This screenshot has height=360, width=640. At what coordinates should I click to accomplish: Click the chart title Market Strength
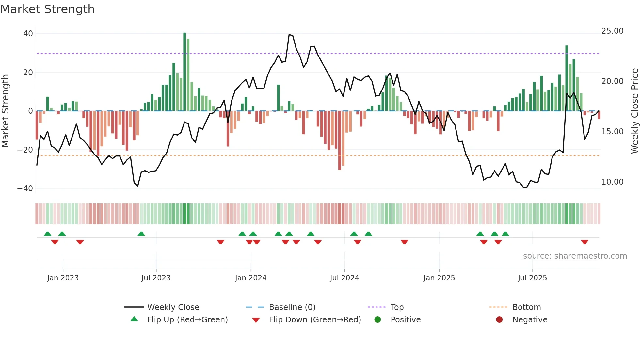coord(47,9)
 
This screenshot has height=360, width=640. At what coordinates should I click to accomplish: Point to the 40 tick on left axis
coord(28,34)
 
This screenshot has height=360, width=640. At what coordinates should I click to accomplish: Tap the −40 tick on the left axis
coord(25,188)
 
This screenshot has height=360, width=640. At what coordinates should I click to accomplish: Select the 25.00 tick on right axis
coord(612,31)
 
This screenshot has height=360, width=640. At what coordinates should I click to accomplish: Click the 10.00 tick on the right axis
coord(612,182)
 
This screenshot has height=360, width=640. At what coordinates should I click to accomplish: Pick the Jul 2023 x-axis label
coord(156,278)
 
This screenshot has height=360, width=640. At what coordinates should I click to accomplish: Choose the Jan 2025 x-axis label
coord(439,278)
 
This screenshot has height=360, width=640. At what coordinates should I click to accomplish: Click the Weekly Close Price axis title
coord(634,111)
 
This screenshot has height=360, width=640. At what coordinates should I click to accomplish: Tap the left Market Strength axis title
coord(5,111)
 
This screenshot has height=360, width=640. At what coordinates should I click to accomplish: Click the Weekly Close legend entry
coord(173,307)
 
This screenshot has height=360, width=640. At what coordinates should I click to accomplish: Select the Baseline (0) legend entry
coord(292,307)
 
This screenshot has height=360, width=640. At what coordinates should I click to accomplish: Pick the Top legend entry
coord(397,307)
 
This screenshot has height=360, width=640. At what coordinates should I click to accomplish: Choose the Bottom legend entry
coord(526,307)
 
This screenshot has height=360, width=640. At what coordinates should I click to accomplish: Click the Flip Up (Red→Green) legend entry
coord(187,320)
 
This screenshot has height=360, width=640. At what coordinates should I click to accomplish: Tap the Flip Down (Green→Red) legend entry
coord(315,320)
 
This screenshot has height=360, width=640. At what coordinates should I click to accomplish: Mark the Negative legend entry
coord(529,320)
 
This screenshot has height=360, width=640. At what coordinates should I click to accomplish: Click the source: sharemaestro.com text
coord(575,256)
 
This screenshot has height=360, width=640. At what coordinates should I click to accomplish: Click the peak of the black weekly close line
coord(289,35)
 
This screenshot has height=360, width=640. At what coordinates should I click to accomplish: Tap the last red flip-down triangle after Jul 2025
coord(584,242)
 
